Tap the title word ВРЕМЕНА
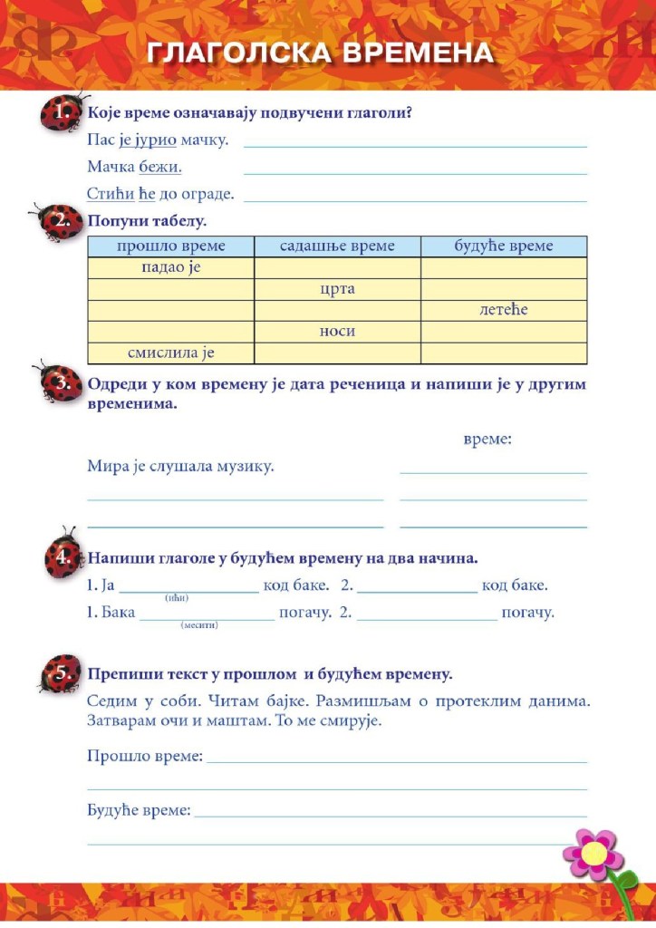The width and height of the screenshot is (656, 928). [418, 53]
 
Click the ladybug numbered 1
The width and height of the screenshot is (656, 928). [62, 113]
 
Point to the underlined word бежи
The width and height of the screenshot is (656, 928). [160, 168]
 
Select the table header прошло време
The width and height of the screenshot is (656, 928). [170, 246]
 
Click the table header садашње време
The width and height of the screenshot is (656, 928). [337, 246]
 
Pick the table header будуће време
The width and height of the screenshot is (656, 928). [504, 246]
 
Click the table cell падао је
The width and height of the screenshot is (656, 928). [170, 268]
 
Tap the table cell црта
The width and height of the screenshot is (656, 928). [337, 289]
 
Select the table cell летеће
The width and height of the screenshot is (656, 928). [504, 310]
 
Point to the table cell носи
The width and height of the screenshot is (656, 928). [337, 332]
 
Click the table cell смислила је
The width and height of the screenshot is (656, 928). [170, 353]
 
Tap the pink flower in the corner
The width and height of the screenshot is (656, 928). [593, 853]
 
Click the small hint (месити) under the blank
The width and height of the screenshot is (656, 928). [199, 625]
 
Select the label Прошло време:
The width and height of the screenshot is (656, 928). [145, 756]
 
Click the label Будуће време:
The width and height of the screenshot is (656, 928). [139, 810]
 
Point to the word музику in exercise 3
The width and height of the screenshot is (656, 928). [245, 467]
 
